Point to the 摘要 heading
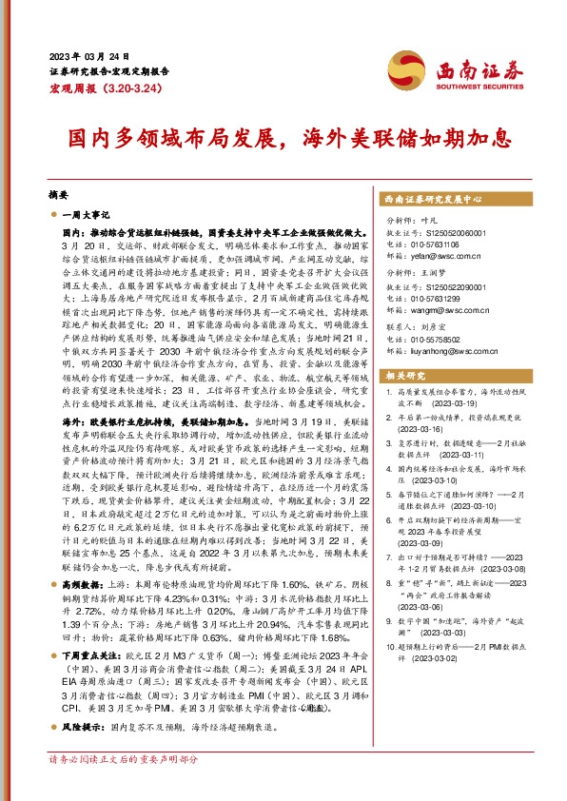(x=59, y=190)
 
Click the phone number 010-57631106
(x=439, y=244)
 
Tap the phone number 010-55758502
(x=439, y=340)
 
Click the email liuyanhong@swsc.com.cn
(x=450, y=351)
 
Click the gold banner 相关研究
(x=406, y=376)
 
